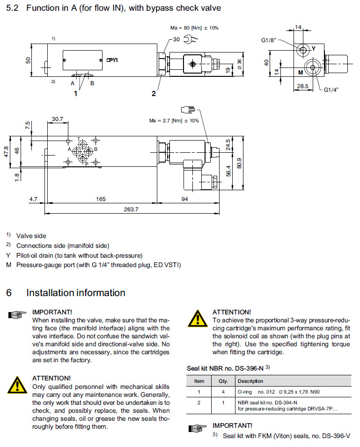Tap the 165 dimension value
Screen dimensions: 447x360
101,199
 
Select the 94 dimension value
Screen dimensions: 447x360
184,199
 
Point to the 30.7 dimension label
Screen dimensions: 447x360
58,119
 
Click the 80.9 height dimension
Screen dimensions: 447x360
240,164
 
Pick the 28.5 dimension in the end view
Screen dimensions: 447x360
303,86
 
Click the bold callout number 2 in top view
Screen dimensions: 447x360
154,93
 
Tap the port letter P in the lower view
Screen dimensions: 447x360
87,164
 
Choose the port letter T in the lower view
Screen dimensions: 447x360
79,139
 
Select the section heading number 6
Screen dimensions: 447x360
9,293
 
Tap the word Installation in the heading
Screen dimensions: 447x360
51,293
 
